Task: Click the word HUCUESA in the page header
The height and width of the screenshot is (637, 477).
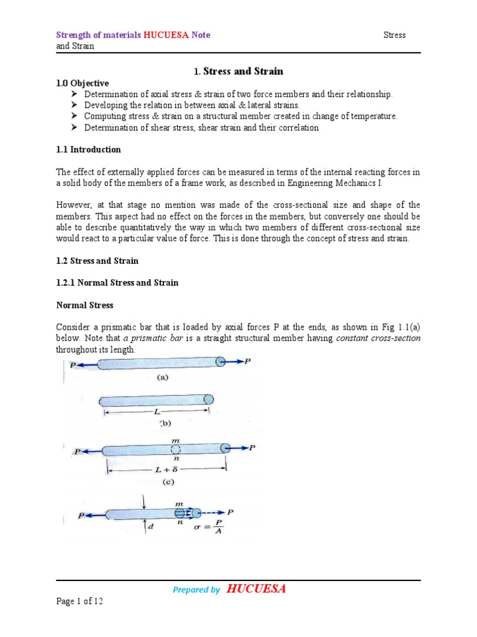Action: click(167, 35)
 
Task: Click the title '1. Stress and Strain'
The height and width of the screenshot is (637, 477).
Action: click(238, 71)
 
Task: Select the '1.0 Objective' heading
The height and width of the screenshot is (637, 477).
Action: click(83, 83)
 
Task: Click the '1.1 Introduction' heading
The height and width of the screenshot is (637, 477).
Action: click(89, 149)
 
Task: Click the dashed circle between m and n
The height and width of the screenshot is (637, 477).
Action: click(176, 449)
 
